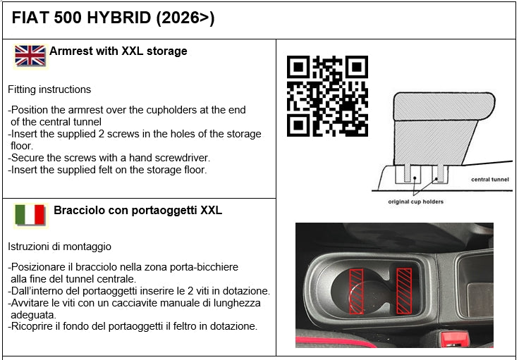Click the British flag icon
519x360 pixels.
click(30, 56)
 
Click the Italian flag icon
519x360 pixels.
click(30, 215)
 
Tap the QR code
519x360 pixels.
click(327, 97)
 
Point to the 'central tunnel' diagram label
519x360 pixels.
click(489, 180)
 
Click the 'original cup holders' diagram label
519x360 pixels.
click(416, 202)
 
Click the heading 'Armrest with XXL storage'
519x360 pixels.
click(118, 51)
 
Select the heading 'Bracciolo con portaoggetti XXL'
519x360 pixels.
click(138, 210)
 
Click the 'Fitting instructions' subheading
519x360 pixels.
click(49, 89)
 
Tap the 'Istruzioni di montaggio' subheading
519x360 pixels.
click(59, 247)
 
